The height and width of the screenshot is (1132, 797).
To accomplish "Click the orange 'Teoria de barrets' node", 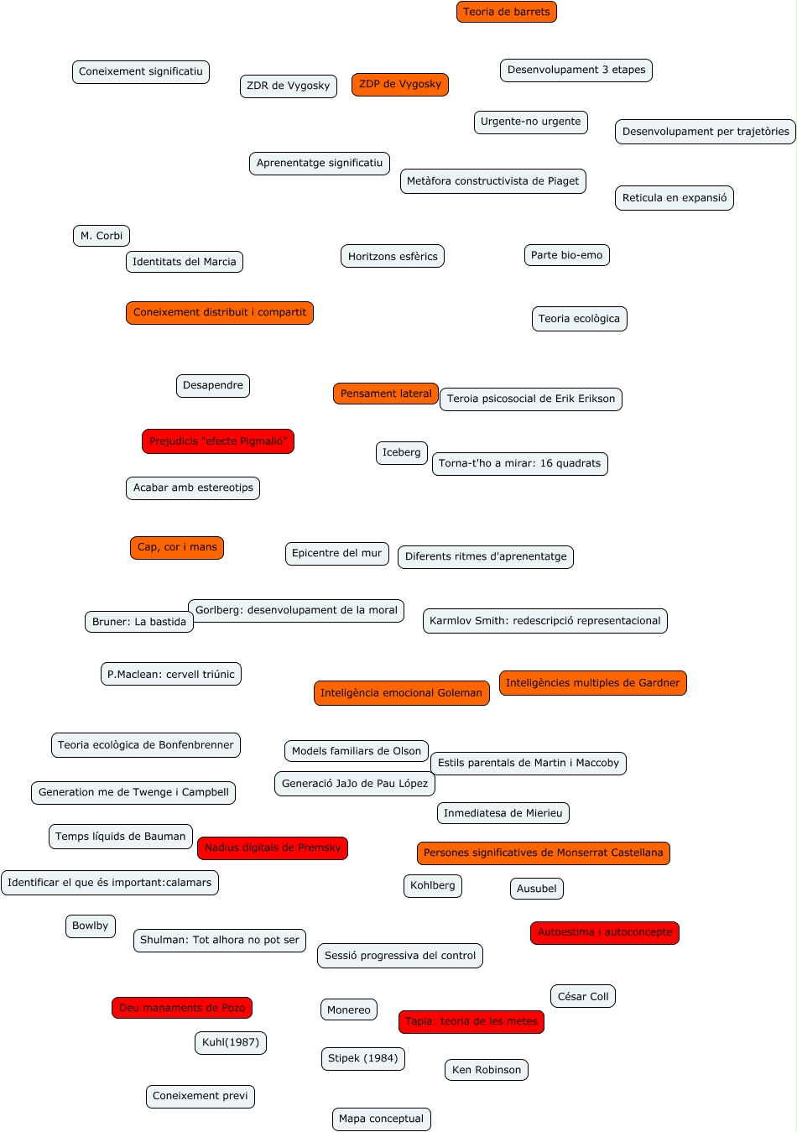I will coord(507,12).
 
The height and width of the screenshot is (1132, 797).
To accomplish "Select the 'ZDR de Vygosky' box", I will coord(289,86).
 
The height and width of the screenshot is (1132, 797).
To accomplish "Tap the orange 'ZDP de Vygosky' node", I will coord(400,84).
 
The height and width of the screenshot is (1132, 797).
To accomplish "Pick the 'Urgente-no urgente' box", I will coord(530,122).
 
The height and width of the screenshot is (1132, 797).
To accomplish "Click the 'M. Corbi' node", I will coord(102,236).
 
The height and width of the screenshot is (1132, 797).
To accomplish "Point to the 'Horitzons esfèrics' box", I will coord(393,256).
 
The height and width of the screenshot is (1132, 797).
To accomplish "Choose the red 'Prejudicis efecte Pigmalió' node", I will coord(218,441).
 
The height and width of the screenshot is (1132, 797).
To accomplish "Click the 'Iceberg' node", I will coord(402,453).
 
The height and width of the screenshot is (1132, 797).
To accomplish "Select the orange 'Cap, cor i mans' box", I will coord(177,547).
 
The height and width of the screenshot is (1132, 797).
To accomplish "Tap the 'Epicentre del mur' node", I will coord(336,553).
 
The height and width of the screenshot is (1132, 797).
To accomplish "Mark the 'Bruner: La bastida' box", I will coord(139,622).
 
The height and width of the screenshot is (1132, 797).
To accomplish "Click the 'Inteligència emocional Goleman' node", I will coord(401,693).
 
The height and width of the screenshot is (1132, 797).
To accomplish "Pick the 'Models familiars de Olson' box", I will coord(357,751).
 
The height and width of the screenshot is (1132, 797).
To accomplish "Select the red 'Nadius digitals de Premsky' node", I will coord(273,848).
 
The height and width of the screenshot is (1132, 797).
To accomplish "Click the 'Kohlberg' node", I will coord(433,885).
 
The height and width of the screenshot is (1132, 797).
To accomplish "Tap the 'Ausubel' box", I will coord(537,889).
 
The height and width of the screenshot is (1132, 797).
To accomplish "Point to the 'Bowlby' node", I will coord(91,926).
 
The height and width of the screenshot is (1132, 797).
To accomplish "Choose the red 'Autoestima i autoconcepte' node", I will coord(605,932).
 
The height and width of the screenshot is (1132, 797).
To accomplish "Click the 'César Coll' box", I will coord(583,996).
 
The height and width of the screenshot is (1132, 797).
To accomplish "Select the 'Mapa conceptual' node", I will coord(382,1119).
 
